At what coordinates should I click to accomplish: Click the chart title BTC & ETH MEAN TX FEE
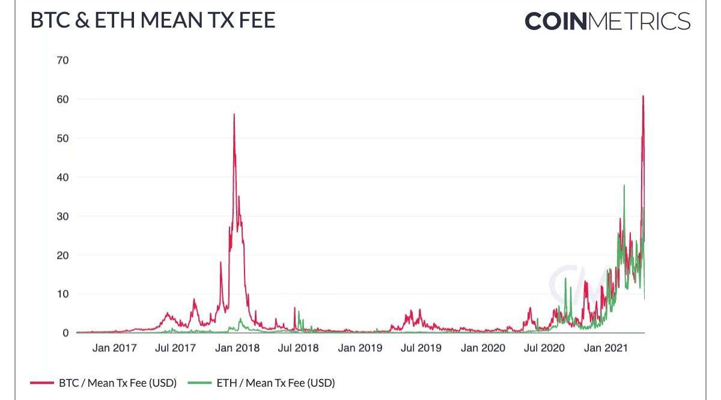[153, 20]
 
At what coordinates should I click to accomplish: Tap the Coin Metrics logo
[607, 22]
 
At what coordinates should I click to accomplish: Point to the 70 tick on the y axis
[63, 60]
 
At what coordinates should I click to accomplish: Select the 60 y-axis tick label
[63, 99]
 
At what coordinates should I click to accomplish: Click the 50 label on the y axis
[63, 138]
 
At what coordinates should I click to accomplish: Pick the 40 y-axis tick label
[63, 177]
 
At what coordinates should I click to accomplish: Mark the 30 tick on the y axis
[63, 216]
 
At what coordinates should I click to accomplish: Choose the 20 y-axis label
[63, 255]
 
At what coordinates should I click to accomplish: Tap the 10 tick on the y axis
[63, 294]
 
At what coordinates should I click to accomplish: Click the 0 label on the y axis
[65, 333]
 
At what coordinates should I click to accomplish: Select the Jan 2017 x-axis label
[115, 348]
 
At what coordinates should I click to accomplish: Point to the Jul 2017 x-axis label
[175, 348]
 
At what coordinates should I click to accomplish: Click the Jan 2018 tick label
[237, 348]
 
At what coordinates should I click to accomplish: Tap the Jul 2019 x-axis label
[421, 348]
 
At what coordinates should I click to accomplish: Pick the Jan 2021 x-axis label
[606, 348]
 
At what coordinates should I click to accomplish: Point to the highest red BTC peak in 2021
[643, 96]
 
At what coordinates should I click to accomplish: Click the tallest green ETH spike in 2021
[624, 186]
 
